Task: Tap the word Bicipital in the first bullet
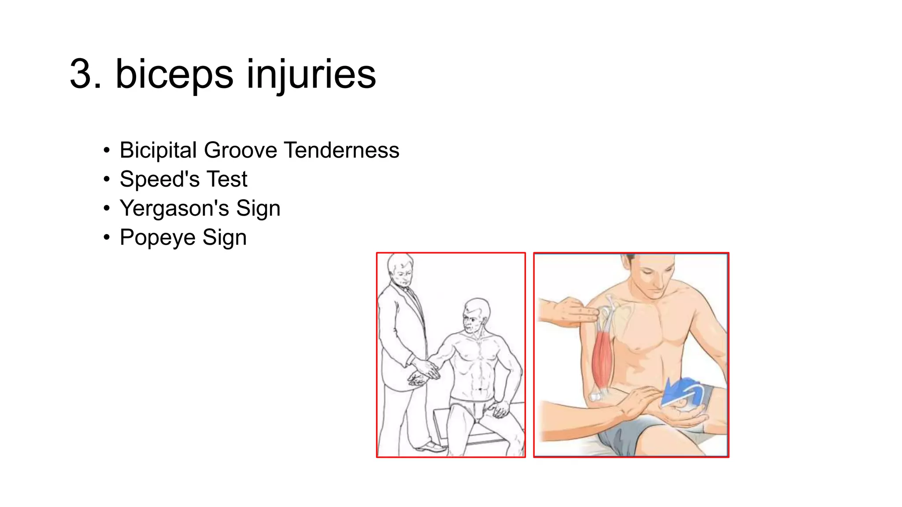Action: (158, 151)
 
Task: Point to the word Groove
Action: (240, 151)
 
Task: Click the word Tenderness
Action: (341, 151)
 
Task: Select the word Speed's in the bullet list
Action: (160, 180)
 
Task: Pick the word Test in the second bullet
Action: (227, 180)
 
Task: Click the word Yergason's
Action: (174, 209)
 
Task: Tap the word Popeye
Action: (158, 238)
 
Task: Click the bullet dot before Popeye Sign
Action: (106, 238)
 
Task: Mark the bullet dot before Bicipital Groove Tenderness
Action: (106, 151)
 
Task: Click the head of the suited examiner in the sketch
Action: (400, 270)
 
